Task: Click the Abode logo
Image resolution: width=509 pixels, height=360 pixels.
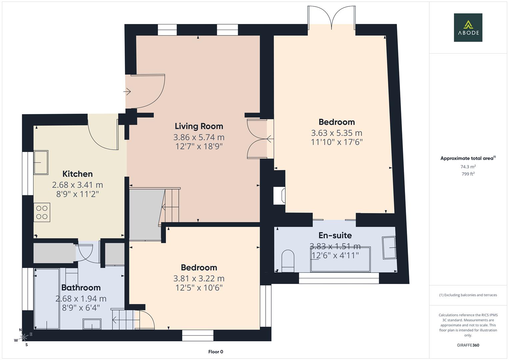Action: (468, 27)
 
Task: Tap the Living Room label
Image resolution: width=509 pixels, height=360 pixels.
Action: (199, 126)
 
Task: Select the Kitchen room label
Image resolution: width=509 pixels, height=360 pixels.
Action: (77, 174)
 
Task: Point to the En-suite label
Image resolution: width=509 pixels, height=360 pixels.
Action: (335, 236)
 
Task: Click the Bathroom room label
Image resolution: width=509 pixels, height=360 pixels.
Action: (81, 288)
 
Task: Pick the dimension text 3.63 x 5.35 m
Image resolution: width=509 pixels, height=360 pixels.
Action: (336, 133)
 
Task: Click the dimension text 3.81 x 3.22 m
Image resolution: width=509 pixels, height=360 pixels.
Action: (199, 278)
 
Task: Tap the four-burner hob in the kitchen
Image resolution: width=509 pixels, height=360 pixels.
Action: (42, 212)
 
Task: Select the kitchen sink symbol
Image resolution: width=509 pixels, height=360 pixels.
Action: (41, 162)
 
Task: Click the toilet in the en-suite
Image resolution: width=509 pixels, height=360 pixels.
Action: (288, 261)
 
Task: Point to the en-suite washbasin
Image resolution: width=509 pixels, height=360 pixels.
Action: (389, 248)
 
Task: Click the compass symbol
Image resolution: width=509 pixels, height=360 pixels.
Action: (24, 337)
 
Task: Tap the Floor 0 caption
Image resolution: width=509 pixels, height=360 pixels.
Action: (215, 352)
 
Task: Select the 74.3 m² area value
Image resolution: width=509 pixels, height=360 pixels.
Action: (468, 167)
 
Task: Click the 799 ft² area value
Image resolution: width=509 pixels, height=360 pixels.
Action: (468, 174)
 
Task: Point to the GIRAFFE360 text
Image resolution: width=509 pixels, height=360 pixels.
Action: (468, 345)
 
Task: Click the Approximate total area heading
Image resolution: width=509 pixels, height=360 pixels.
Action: (468, 158)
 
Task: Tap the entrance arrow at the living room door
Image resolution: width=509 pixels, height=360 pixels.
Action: (127, 91)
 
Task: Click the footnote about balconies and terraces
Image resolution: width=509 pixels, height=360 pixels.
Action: (468, 295)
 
